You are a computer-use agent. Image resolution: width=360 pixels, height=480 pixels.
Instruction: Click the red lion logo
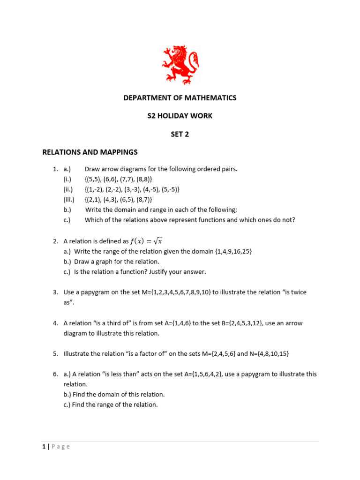(x=180, y=65)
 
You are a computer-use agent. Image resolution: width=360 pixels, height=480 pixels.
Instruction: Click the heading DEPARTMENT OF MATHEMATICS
(x=180, y=98)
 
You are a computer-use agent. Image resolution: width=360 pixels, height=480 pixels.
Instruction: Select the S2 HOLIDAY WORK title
(x=180, y=116)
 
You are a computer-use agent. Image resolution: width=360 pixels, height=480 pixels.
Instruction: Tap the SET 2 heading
(x=180, y=134)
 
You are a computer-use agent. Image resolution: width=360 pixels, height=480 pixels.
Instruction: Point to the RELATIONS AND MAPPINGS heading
(x=90, y=152)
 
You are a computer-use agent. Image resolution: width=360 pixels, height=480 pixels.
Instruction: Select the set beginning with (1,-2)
(x=132, y=189)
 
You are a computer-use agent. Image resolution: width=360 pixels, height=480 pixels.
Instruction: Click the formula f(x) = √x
(x=146, y=241)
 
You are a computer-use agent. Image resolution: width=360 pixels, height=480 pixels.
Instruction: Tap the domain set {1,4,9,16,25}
(x=233, y=252)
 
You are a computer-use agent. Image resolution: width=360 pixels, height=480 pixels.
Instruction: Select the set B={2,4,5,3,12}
(x=227, y=323)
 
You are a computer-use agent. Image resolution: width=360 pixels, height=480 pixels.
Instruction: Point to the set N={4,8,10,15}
(x=263, y=354)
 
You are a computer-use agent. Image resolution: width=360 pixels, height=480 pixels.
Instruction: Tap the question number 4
(x=55, y=323)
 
